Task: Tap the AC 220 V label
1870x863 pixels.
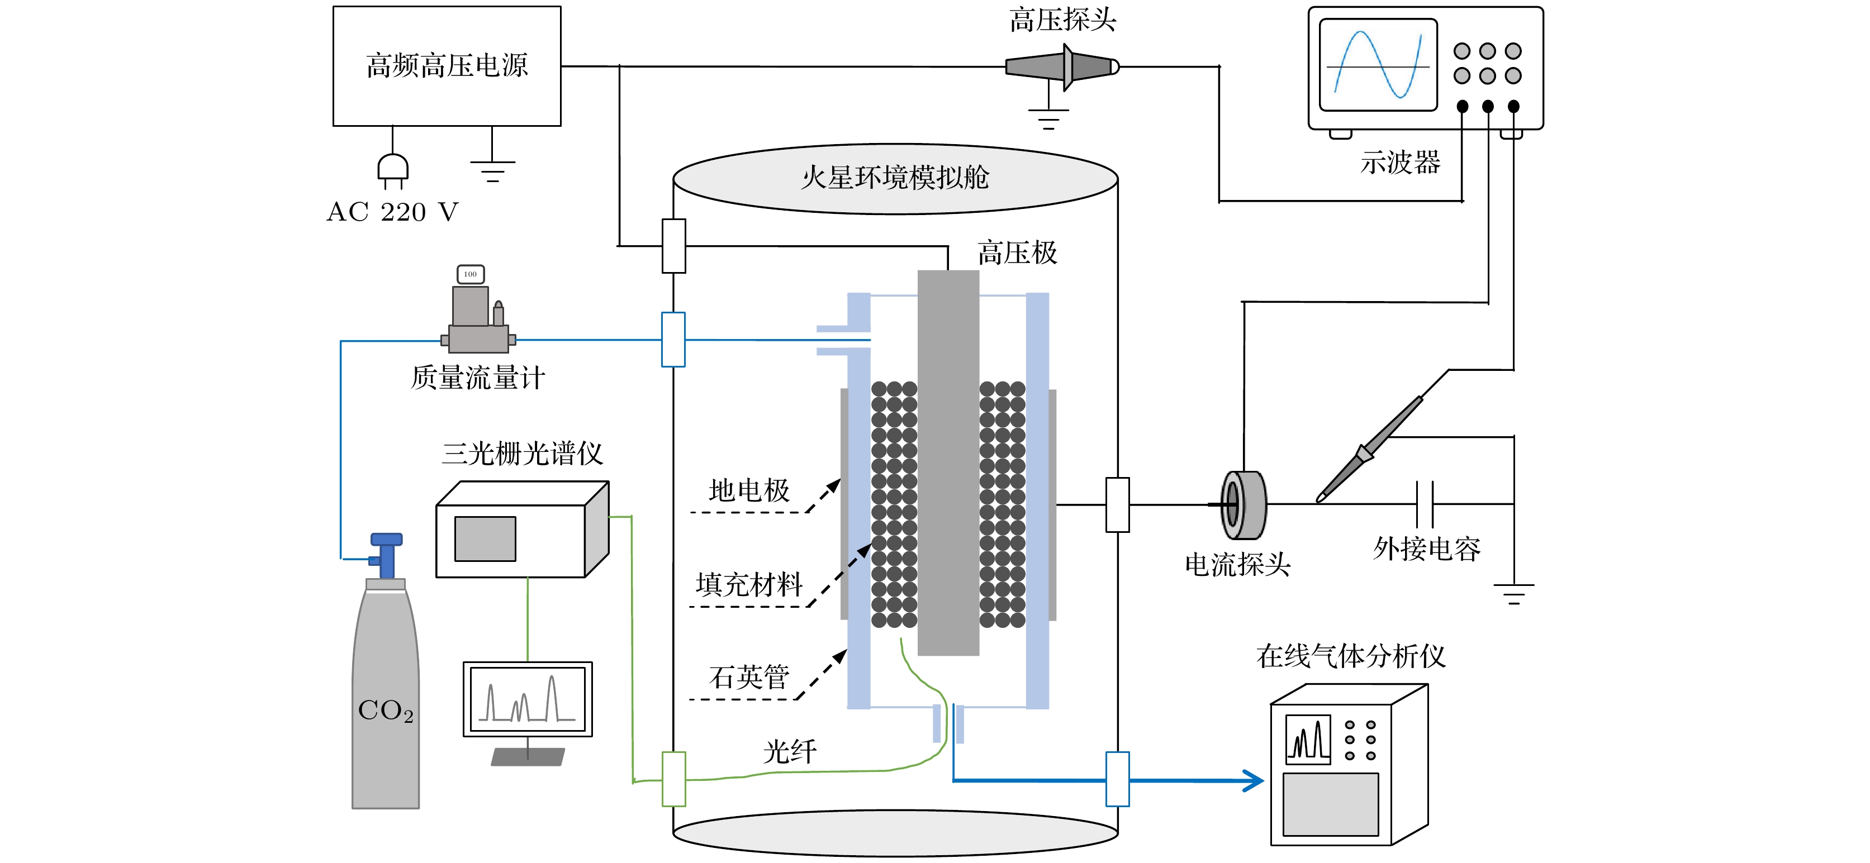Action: (393, 212)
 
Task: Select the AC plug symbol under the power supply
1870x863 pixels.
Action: (393, 169)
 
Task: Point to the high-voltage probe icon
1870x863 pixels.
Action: (1062, 68)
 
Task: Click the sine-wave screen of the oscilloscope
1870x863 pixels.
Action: (1377, 65)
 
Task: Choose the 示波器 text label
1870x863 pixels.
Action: (1399, 163)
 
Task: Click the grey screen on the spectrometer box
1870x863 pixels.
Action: (485, 538)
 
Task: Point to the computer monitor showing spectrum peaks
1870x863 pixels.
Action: (528, 700)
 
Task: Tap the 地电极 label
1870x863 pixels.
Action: (748, 490)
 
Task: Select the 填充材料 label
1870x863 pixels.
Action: (748, 584)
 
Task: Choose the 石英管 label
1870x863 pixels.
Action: (748, 677)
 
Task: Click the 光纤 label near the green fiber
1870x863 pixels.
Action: (789, 751)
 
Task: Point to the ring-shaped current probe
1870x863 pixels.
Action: (1243, 504)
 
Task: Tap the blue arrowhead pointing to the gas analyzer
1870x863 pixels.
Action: (1254, 781)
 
